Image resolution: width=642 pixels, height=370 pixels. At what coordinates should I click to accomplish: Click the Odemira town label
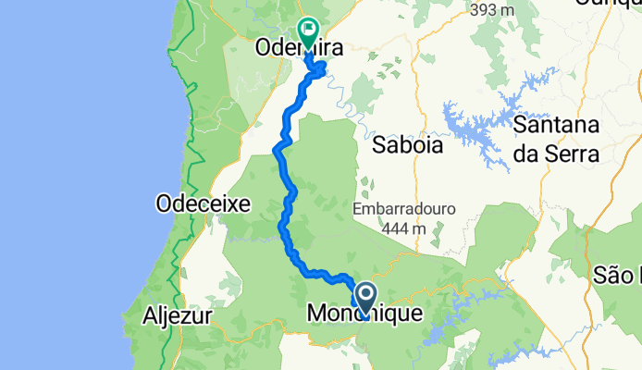point(287,44)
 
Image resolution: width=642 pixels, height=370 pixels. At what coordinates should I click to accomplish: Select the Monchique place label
point(364,314)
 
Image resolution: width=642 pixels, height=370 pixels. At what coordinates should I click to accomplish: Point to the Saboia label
point(406,145)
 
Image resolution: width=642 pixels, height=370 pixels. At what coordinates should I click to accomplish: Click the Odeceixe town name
point(204,203)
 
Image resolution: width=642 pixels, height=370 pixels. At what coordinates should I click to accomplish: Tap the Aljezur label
point(179,316)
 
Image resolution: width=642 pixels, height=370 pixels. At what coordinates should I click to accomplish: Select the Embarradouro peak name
point(404,209)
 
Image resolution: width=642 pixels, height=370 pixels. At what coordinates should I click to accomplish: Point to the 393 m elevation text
point(491,10)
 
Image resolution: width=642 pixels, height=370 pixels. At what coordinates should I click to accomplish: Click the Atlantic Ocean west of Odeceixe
point(74,203)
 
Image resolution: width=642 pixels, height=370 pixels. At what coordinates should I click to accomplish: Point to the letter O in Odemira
point(262,45)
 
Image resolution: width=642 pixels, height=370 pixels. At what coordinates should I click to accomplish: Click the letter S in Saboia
point(378,145)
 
